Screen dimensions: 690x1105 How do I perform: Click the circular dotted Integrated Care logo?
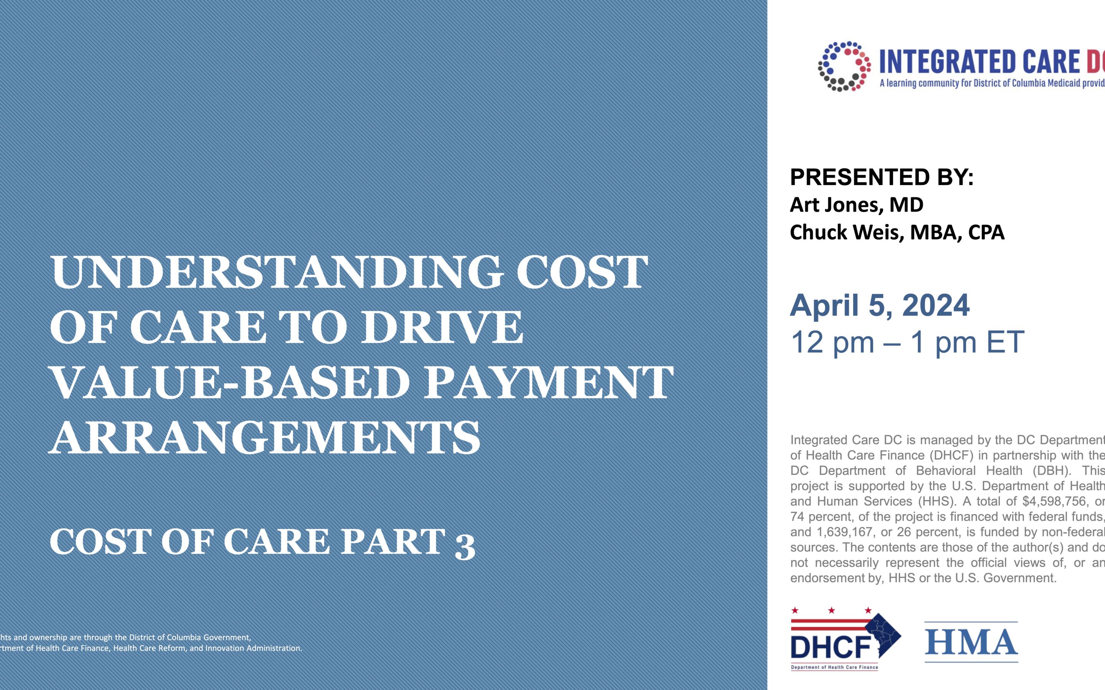(844, 67)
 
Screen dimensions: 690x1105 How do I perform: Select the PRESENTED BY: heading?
(882, 177)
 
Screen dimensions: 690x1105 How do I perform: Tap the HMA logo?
(971, 642)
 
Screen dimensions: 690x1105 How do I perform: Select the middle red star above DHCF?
(831, 610)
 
